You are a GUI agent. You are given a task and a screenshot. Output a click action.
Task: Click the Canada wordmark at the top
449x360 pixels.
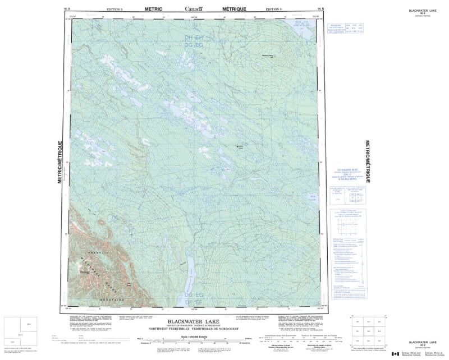[x=194, y=8]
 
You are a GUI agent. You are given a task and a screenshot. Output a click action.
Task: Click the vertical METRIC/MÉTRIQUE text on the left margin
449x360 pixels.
[x=61, y=163]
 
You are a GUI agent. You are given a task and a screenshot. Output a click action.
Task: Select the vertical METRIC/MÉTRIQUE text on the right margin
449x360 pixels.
[x=368, y=163]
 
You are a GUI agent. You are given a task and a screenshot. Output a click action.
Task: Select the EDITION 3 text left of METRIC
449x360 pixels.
[x=117, y=10]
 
